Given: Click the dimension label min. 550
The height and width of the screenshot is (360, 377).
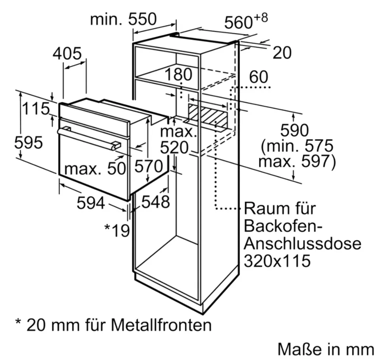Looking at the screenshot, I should click(x=123, y=19).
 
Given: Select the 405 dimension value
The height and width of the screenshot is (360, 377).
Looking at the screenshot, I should click(x=67, y=54).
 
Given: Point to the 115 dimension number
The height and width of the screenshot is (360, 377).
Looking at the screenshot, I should click(x=36, y=108).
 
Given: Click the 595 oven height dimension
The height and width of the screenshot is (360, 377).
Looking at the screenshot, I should click(x=29, y=142).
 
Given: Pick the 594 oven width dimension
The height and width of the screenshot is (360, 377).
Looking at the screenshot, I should click(x=91, y=203).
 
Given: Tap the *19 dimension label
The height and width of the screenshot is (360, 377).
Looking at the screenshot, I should click(x=117, y=231).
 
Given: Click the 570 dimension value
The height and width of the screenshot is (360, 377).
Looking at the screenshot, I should click(x=148, y=167).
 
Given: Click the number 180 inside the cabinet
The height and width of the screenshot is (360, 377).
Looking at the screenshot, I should click(x=179, y=74).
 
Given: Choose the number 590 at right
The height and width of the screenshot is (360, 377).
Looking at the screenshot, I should click(x=294, y=130).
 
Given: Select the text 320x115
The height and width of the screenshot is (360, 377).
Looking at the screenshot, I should click(x=276, y=261).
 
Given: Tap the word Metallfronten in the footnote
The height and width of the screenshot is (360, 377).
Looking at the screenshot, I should click(x=162, y=325).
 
